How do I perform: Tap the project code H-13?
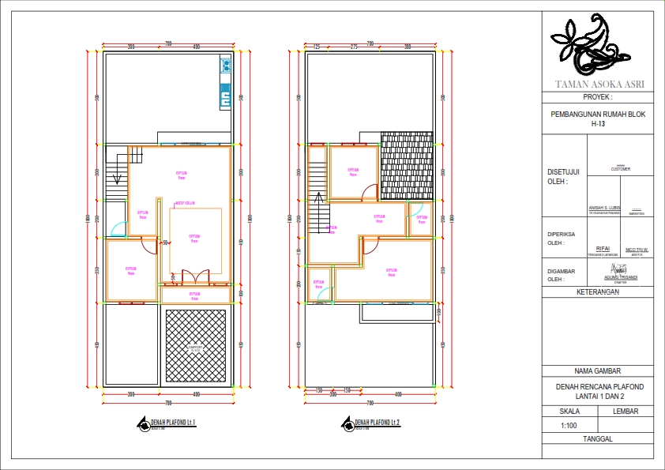(598, 123)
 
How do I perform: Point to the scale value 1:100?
(569, 427)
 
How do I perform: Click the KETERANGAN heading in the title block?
(598, 291)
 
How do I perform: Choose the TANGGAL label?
(598, 438)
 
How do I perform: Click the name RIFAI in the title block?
(603, 249)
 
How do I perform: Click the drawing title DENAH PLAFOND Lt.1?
(173, 423)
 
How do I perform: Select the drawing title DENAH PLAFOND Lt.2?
(377, 423)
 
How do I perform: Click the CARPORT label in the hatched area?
(195, 348)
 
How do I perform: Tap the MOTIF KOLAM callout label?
(186, 201)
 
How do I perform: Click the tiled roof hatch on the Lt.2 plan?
(407, 166)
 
